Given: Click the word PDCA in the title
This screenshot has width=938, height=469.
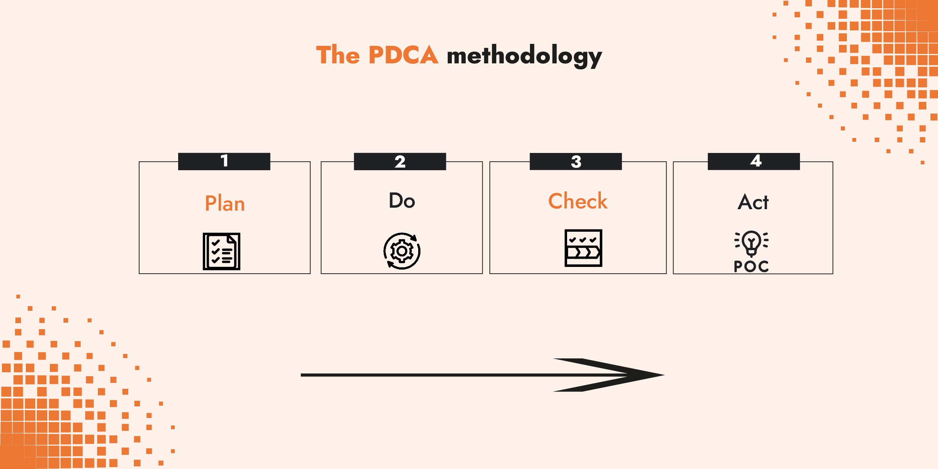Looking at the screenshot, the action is tap(403, 55).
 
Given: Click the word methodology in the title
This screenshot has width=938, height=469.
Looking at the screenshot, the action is tap(524, 56).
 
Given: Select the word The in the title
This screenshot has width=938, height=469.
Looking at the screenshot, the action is tap(338, 55).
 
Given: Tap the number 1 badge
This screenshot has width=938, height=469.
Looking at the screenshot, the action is tap(224, 161).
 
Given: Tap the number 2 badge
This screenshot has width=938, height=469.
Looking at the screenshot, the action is tap(400, 162).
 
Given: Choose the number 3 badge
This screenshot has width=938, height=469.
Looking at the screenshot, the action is tap(576, 162).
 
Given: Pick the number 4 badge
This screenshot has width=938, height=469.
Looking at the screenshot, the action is tap(753, 161).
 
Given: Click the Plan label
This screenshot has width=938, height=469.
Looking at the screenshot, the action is tap(225, 204).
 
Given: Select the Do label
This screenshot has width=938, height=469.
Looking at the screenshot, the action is tap(402, 201).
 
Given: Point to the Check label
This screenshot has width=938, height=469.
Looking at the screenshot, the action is tap(578, 201).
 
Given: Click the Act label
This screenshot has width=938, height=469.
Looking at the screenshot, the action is tap(753, 202).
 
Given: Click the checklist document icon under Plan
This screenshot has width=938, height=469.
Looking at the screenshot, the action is tap(221, 251).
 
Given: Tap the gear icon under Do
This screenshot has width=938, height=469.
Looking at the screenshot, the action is tap(402, 251).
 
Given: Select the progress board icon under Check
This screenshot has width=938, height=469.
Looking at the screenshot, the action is tap(583, 248).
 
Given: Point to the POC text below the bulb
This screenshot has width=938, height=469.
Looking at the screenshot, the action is tap(751, 267).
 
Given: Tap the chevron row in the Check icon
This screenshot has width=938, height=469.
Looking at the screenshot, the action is tap(583, 252).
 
